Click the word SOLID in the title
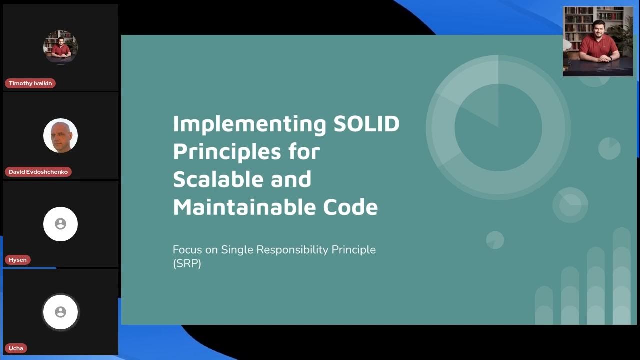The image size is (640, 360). pyautogui.click(x=366, y=123)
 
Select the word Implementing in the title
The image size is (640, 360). pyautogui.click(x=250, y=123)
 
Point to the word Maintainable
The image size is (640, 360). pyautogui.click(x=245, y=207)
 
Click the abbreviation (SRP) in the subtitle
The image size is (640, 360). pyautogui.click(x=187, y=263)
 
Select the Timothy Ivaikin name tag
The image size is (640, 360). pyautogui.click(x=30, y=83)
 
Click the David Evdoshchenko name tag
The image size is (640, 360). pyautogui.click(x=38, y=172)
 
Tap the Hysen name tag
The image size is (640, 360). pyautogui.click(x=18, y=260)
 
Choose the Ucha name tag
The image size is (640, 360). pyautogui.click(x=16, y=348)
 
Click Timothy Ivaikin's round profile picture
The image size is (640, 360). pyautogui.click(x=60, y=47)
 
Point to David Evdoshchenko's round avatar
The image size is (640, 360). pyautogui.click(x=60, y=135)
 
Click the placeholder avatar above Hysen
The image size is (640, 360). pyautogui.click(x=60, y=224)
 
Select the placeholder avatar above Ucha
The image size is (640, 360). pyautogui.click(x=60, y=312)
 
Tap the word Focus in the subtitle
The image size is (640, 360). pyautogui.click(x=187, y=249)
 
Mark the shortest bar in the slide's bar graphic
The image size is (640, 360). pyautogui.click(x=544, y=305)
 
